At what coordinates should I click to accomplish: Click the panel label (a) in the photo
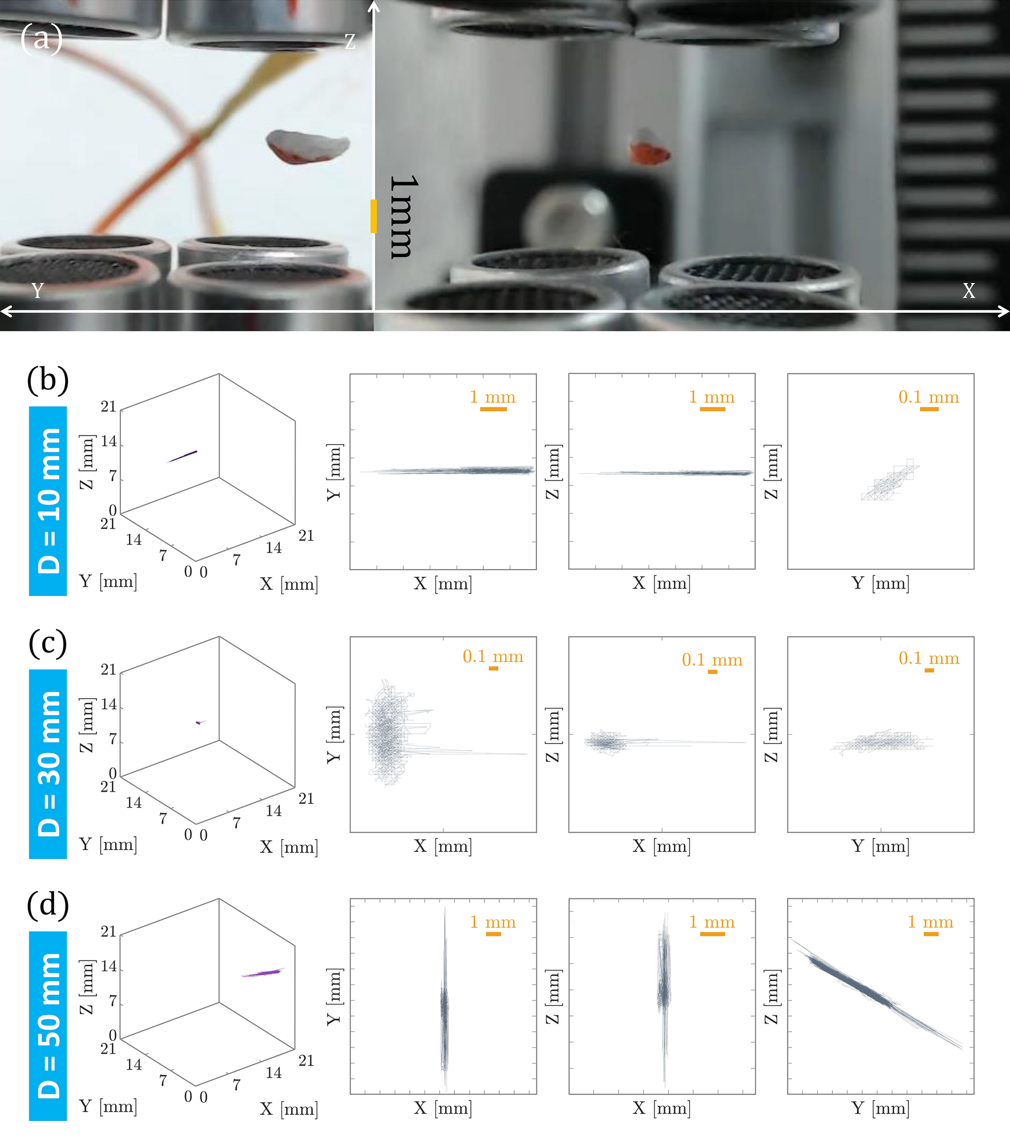(x=41, y=39)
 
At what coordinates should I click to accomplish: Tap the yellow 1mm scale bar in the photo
(x=374, y=216)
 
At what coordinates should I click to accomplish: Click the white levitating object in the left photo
(x=308, y=146)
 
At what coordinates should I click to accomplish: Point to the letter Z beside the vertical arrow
(x=350, y=41)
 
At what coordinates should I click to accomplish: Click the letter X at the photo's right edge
(x=968, y=291)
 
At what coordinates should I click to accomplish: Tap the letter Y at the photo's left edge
(x=38, y=291)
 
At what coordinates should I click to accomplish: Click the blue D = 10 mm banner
(x=48, y=501)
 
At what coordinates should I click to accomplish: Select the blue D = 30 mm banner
(x=48, y=763)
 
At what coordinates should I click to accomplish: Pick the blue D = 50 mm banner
(x=48, y=1026)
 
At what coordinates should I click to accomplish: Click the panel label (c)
(x=48, y=643)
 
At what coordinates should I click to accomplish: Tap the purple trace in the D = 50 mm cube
(x=262, y=972)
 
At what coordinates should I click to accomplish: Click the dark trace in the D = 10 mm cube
(x=183, y=456)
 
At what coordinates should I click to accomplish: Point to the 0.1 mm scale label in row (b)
(x=928, y=397)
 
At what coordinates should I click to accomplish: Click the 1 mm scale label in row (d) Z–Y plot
(x=930, y=922)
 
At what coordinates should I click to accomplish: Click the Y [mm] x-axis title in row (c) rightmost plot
(x=880, y=846)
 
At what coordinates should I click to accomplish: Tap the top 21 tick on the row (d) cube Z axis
(x=108, y=932)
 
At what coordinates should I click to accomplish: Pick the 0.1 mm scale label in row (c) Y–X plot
(x=492, y=657)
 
